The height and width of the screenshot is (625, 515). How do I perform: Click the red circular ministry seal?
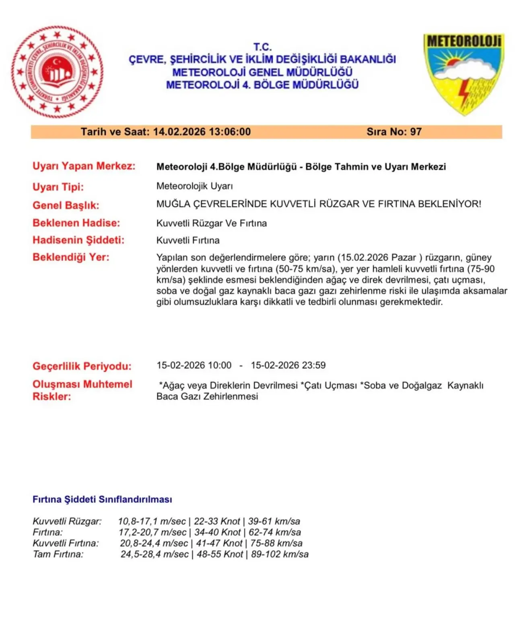[57, 72]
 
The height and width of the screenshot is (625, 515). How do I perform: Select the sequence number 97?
[416, 132]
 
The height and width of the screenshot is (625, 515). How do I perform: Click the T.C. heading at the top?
[262, 47]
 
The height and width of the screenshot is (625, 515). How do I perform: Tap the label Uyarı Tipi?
[58, 187]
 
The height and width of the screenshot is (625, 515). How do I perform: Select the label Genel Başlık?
[66, 205]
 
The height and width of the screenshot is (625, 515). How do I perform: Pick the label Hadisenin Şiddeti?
[78, 240]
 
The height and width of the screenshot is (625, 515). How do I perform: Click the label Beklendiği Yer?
[71, 257]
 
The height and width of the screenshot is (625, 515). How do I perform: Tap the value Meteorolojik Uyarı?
[194, 186]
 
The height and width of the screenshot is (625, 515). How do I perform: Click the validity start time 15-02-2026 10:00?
[194, 365]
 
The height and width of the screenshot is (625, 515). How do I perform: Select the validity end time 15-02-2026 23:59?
[288, 365]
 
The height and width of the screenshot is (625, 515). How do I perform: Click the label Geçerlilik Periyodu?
[82, 366]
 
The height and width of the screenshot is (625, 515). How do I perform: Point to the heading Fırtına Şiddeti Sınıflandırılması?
[102, 499]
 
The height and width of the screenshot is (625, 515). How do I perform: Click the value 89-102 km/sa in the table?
[280, 554]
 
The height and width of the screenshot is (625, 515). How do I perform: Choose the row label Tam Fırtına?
[58, 554]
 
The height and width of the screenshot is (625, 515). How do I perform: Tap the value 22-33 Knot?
[217, 521]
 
